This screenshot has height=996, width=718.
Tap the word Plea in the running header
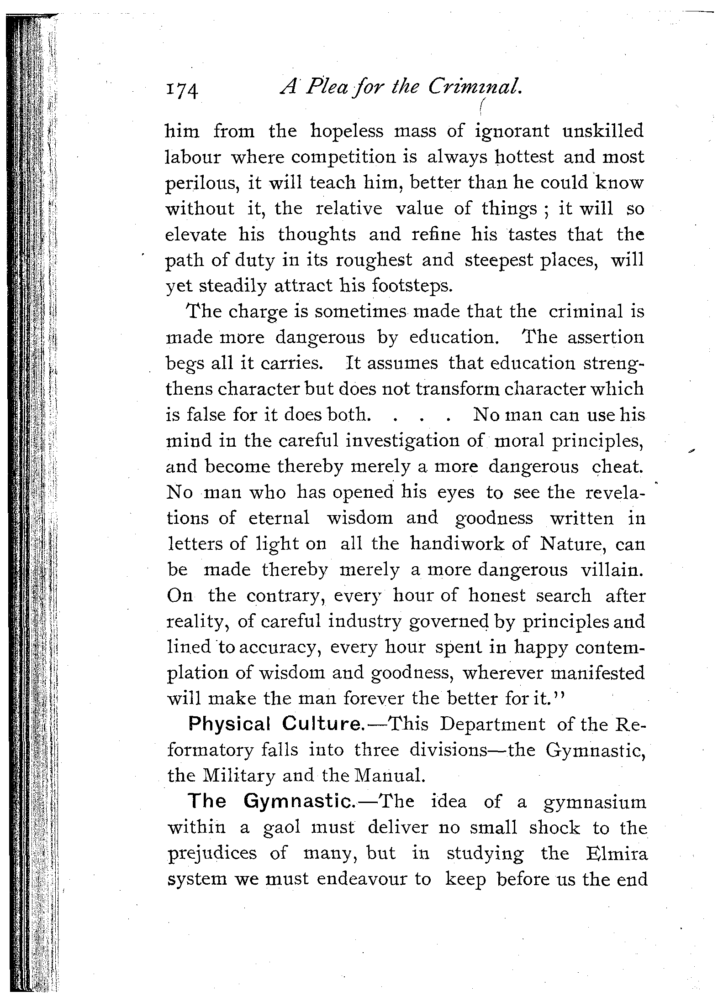(x=327, y=87)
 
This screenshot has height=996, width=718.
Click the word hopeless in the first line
(x=347, y=131)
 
